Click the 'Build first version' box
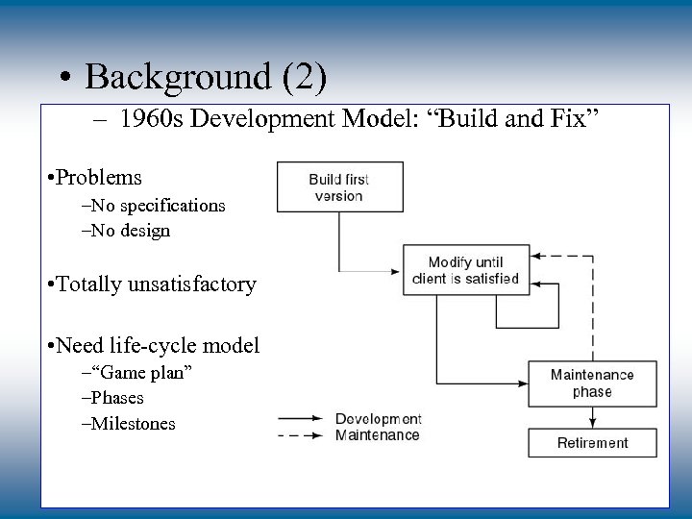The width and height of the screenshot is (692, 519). click(339, 186)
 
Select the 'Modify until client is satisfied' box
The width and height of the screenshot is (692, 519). click(465, 271)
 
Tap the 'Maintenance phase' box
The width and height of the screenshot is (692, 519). click(592, 383)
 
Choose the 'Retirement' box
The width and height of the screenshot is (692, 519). click(592, 443)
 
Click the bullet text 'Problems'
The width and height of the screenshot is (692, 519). click(99, 178)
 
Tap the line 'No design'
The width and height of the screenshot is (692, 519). click(132, 231)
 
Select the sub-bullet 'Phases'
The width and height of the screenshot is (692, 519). click(117, 398)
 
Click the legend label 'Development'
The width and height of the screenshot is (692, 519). click(378, 419)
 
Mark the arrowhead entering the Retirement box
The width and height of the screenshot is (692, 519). click(592, 424)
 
